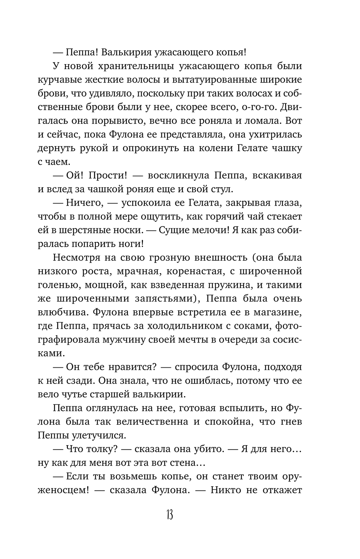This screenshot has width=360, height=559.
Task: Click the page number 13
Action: (170, 515)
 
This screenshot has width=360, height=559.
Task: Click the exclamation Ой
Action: (75, 176)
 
